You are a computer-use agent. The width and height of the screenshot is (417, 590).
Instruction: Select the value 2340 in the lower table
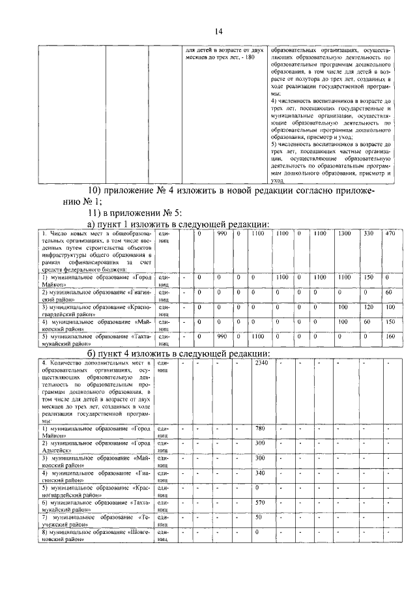261,362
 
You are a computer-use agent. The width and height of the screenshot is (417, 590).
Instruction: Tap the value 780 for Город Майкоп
259,428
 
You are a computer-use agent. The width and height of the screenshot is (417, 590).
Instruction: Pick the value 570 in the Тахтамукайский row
259,502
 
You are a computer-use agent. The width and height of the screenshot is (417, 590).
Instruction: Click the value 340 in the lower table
259,473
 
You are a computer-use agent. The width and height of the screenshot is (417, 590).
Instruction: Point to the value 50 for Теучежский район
258,517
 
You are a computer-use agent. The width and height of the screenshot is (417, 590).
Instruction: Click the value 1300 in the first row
343,233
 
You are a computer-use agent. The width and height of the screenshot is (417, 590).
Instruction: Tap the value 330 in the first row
368,233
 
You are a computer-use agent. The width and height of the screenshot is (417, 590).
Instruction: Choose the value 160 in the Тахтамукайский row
390,336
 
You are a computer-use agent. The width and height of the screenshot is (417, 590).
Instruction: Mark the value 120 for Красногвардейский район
368,306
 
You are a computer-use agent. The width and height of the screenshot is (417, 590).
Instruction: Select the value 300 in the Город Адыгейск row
259,443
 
